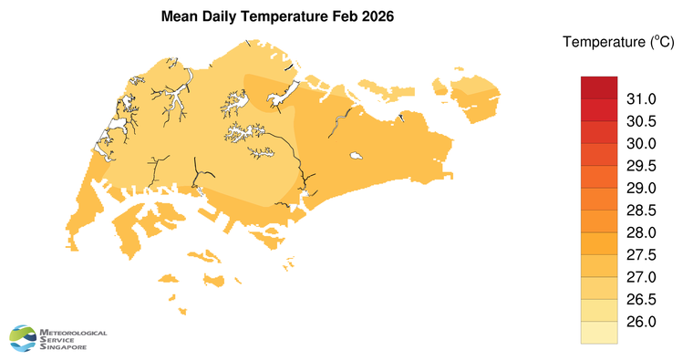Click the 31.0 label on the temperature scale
tap(642, 99)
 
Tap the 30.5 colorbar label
tap(642, 121)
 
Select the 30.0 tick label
tap(642, 144)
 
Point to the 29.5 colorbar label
tap(642, 166)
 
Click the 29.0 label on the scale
tap(642, 189)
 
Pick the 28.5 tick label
tap(642, 211)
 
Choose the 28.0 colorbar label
tap(642, 233)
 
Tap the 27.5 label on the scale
tap(642, 255)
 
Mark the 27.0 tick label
tap(642, 277)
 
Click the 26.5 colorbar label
tap(642, 300)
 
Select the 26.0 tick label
tap(642, 322)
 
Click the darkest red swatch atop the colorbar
tap(599, 87)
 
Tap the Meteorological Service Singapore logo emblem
tap(24, 338)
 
